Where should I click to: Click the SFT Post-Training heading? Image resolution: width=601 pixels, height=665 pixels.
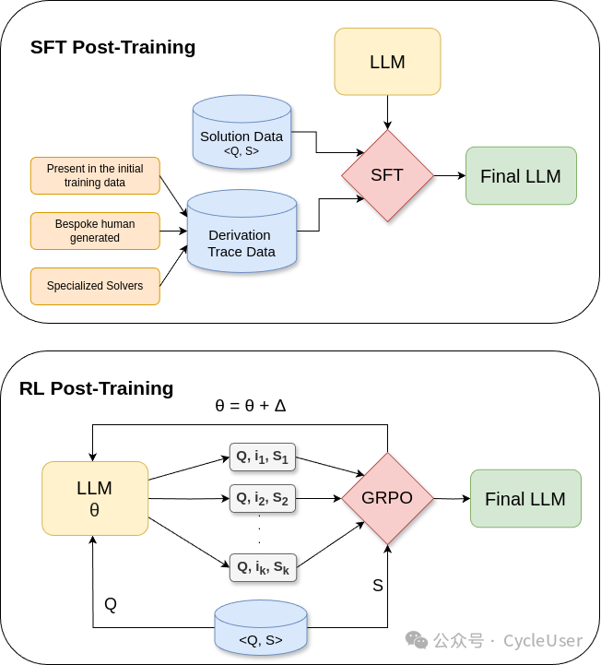[x=112, y=47]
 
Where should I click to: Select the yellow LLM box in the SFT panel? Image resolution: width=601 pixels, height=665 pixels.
[x=387, y=62]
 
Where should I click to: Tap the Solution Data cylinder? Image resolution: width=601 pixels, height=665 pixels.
[x=242, y=132]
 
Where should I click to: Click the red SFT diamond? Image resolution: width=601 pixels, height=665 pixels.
[x=387, y=175]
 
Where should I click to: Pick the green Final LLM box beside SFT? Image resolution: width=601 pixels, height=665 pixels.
[x=521, y=175]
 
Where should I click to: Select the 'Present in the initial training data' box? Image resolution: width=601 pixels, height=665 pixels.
[x=95, y=175]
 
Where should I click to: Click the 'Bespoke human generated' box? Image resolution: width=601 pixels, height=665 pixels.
[x=95, y=231]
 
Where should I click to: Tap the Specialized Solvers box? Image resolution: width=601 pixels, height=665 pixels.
[x=95, y=286]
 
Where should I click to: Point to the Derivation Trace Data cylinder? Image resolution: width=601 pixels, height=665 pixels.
[x=242, y=231]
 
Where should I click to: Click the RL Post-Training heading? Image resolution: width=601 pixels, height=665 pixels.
[x=96, y=388]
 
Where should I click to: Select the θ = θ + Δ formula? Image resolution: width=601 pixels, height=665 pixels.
[x=251, y=406]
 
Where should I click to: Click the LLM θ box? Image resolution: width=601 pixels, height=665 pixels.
[x=95, y=498]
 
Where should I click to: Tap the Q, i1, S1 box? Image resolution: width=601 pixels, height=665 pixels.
[x=263, y=457]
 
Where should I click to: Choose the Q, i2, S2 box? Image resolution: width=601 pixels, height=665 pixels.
[x=263, y=498]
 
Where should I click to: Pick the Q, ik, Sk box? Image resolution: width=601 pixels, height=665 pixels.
[x=263, y=567]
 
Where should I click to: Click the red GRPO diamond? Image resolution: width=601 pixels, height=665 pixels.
[x=387, y=498]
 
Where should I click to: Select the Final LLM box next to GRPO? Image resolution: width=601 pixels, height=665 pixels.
[x=525, y=498]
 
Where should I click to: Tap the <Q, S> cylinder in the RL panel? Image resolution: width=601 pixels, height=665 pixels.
[x=261, y=627]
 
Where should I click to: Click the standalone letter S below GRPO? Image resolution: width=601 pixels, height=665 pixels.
[x=378, y=586]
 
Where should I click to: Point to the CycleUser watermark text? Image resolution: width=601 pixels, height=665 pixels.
[x=543, y=640]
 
